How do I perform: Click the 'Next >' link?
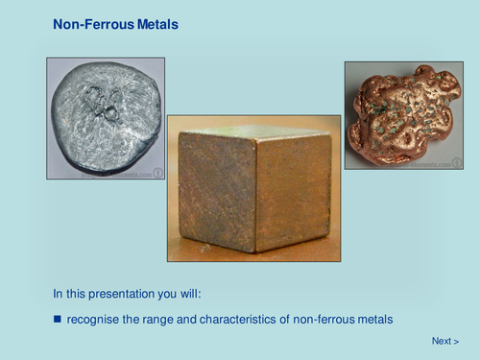coord(444,341)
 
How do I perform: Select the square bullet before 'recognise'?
coord(58,318)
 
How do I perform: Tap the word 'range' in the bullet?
coord(158,318)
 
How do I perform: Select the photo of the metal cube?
coord(253,188)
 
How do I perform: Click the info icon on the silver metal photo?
coord(158,173)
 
